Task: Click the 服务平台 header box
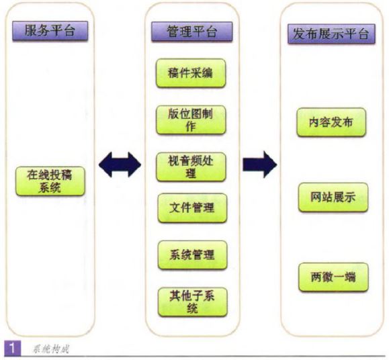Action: [x=50, y=31]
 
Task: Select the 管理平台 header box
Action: [x=192, y=32]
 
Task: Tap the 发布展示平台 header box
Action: [x=331, y=34]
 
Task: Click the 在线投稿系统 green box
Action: [x=50, y=181]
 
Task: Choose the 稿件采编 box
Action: [x=191, y=73]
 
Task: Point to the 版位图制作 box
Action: [x=191, y=120]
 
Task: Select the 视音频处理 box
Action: [x=191, y=167]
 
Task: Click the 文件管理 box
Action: [x=192, y=208]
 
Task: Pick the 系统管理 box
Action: [x=193, y=255]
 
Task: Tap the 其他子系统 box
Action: [x=193, y=302]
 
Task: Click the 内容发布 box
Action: [x=331, y=122]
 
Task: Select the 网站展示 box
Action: [x=333, y=197]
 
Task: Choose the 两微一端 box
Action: [x=333, y=277]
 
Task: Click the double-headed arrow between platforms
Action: [x=120, y=165]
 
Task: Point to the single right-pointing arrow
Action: [x=260, y=165]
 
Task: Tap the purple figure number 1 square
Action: [x=12, y=348]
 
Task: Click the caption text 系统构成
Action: [x=50, y=349]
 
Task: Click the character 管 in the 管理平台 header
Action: [x=173, y=32]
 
